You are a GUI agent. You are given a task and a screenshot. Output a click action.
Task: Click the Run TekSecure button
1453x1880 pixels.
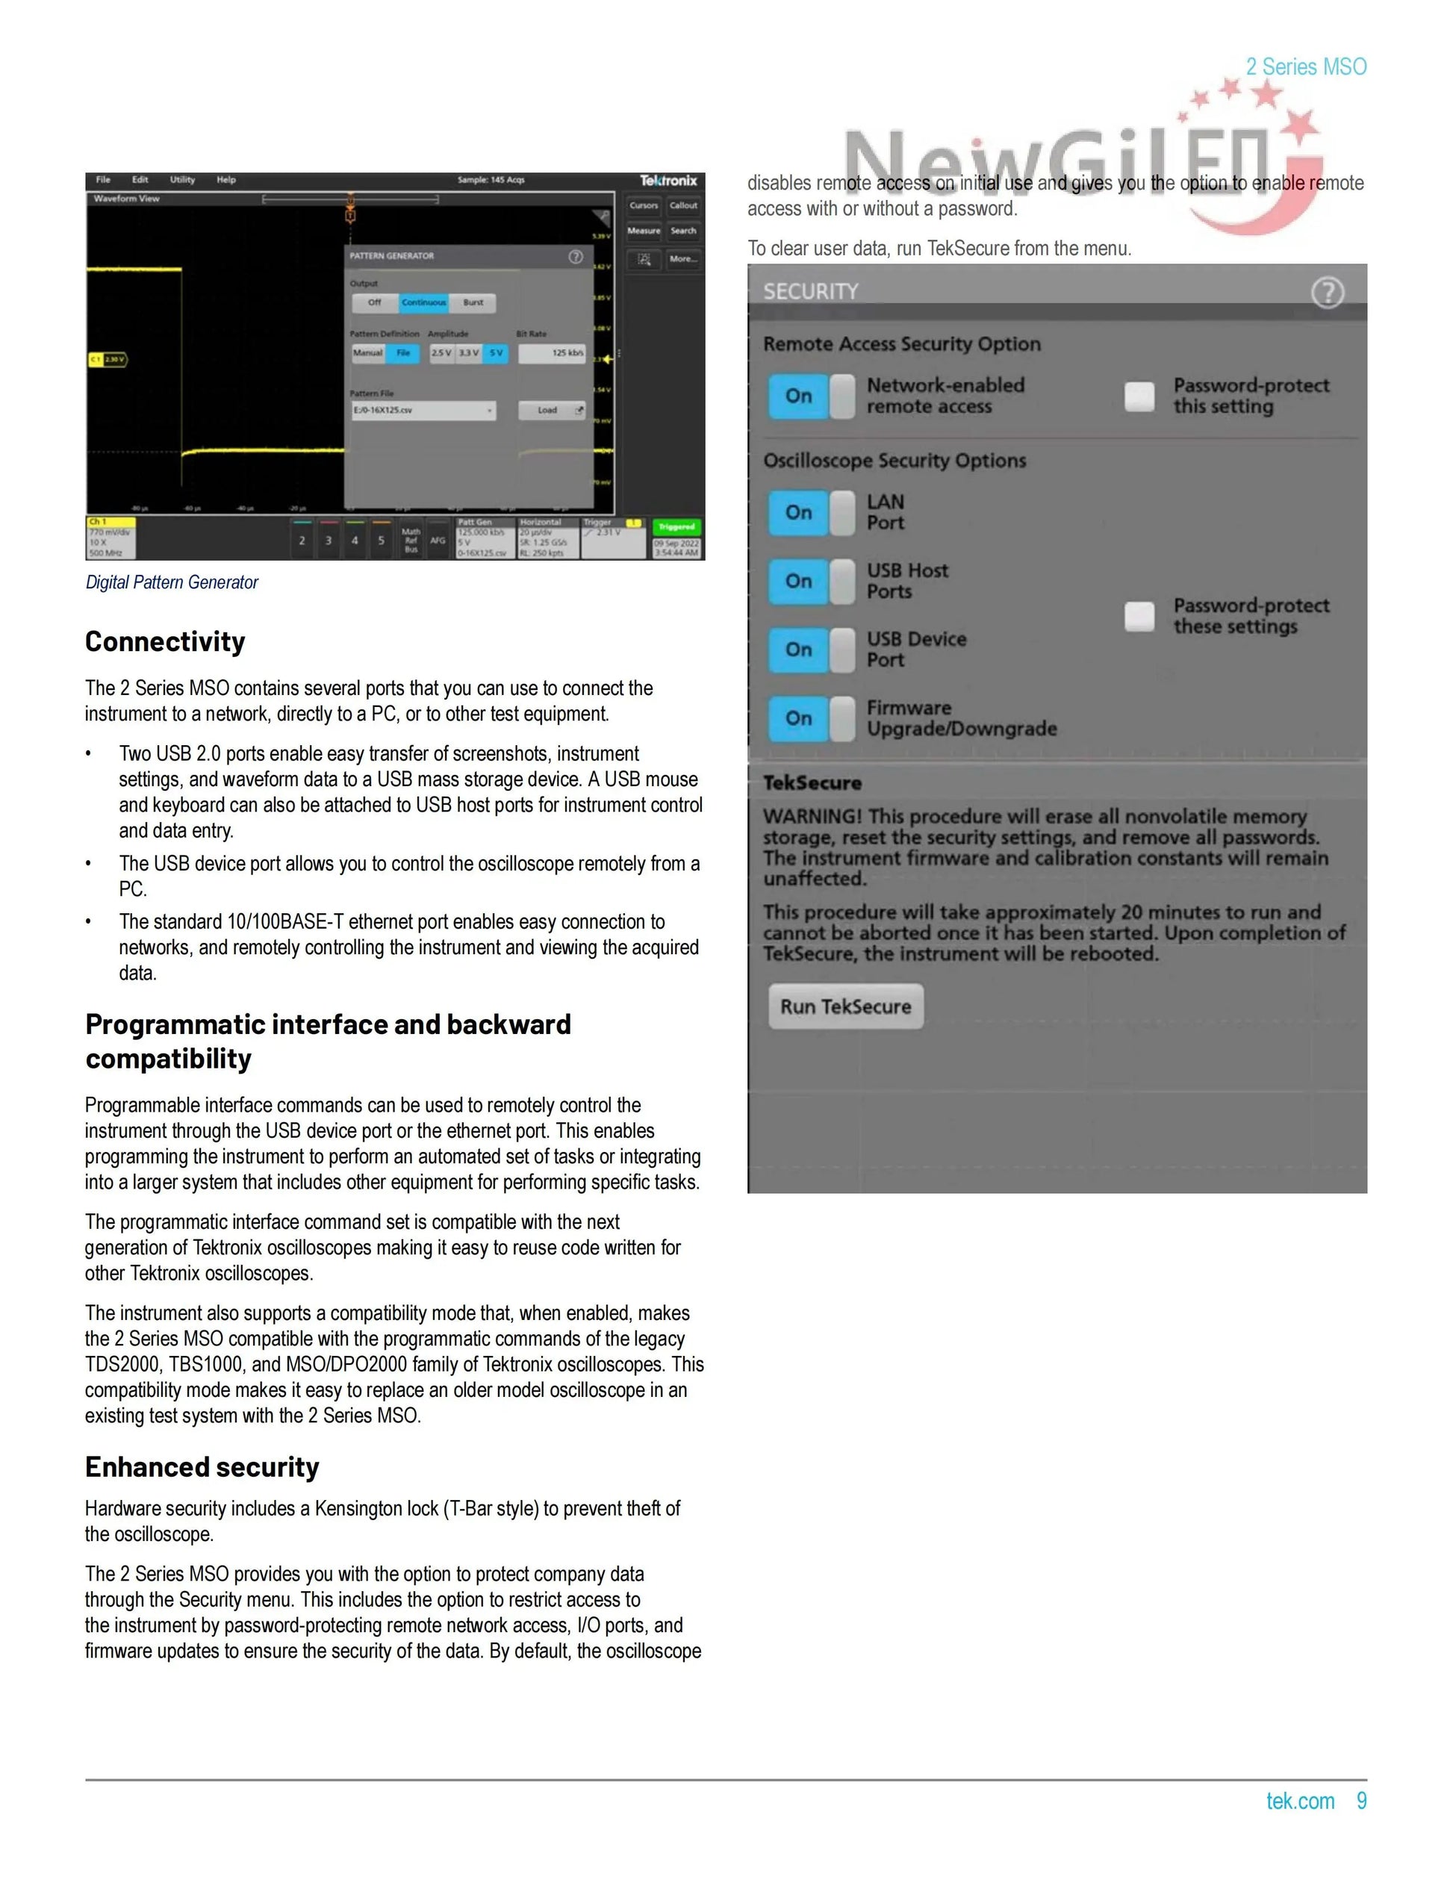click(845, 1006)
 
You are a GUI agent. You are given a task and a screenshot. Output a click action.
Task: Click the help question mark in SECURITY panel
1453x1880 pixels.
click(1328, 293)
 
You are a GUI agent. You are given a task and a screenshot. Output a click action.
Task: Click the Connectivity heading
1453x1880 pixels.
click(165, 641)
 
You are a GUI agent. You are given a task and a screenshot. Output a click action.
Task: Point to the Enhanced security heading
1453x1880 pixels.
click(202, 1467)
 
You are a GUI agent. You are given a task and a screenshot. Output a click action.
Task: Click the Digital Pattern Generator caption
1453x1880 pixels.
click(172, 583)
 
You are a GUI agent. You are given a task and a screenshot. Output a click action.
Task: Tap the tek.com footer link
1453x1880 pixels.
click(1300, 1801)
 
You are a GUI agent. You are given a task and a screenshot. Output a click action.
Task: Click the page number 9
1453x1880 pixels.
click(1362, 1801)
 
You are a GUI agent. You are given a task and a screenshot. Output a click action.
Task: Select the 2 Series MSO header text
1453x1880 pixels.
click(1306, 67)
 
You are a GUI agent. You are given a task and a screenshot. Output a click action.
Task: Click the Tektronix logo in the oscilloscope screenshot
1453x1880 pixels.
click(668, 181)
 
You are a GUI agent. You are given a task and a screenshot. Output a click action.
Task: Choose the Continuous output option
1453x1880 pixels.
click(423, 303)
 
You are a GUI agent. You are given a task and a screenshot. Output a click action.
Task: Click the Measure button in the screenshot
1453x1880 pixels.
click(644, 231)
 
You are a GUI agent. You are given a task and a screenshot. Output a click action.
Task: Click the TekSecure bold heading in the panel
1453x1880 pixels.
click(812, 783)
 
